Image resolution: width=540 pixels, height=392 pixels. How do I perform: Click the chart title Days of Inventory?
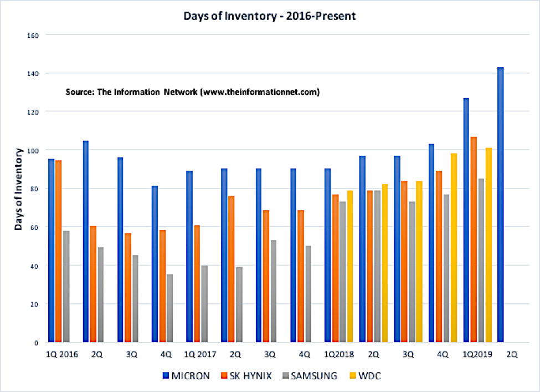coord(270,16)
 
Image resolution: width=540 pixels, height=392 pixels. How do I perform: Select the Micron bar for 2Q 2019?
coord(501,205)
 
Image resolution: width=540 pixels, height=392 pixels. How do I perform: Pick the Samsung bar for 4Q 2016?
coord(169,308)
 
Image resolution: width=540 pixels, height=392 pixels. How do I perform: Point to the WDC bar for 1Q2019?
coord(488,245)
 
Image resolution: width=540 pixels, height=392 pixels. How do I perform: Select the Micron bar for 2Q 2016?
coord(86,241)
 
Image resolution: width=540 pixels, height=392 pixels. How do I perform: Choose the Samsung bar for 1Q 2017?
coord(204,304)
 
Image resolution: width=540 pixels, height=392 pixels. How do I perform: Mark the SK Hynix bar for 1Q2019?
coord(474,239)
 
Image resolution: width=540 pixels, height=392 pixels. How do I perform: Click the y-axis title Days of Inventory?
coord(19,189)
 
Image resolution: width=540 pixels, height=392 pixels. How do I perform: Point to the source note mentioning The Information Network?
coord(192,91)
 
